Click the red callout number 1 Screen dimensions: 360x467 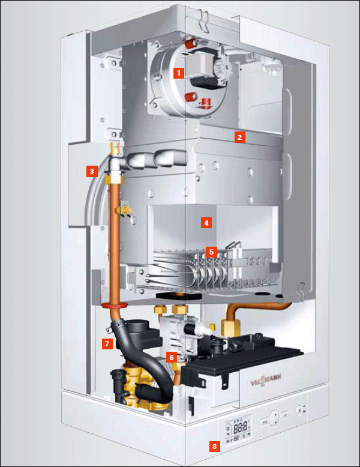coord(179,73)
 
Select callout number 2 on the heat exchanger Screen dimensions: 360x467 coord(240,137)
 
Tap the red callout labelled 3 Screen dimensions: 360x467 coord(92,171)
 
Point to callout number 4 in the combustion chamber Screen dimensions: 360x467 coord(206,223)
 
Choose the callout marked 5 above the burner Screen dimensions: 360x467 coord(211,252)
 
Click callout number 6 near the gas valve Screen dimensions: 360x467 coord(172,357)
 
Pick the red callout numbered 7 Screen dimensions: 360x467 coord(107,344)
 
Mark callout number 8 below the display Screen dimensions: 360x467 coord(214,447)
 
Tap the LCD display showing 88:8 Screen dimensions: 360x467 coord(238,428)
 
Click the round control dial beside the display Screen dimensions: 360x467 coord(275,418)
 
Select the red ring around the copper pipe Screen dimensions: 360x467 coord(114,306)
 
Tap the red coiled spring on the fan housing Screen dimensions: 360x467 coord(205,103)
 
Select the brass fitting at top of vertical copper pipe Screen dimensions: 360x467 coord(114,179)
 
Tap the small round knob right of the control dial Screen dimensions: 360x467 coord(299,410)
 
